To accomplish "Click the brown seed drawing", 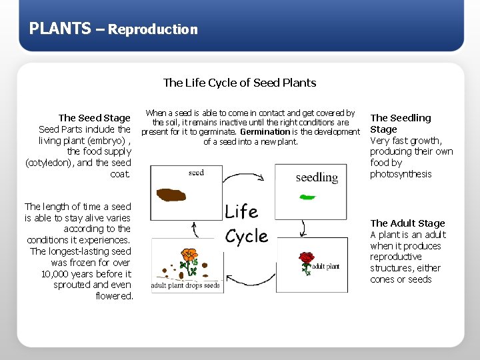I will [171, 195].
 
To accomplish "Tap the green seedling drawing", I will [307, 197].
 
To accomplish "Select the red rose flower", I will [306, 258].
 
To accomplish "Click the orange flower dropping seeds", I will [190, 255].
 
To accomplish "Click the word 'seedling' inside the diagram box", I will [317, 177].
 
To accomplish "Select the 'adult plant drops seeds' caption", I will [185, 285].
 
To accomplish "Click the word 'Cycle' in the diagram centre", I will [246, 237].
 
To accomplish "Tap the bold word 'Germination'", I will [265, 132].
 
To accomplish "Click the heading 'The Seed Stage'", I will [95, 118].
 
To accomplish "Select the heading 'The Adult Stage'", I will [407, 223].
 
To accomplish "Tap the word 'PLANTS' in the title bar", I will [60, 28].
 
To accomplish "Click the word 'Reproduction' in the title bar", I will [153, 29].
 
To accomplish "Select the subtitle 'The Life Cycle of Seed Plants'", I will [239, 83].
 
